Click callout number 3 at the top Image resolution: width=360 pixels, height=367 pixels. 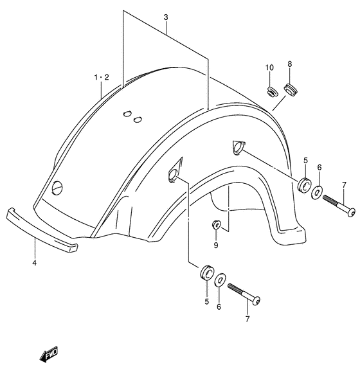coord(166,17)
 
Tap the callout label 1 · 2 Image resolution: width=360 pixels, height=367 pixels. coord(102,77)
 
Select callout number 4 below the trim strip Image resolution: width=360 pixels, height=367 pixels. coord(35,263)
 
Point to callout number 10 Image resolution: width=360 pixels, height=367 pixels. coord(269,67)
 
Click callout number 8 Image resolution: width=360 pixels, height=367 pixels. coord(290,64)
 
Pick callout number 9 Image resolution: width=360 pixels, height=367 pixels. coord(216,246)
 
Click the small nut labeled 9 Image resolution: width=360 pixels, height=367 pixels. coord(216,225)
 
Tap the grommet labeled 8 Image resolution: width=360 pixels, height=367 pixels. coord(291,89)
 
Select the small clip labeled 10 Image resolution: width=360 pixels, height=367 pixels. coord(273,91)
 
